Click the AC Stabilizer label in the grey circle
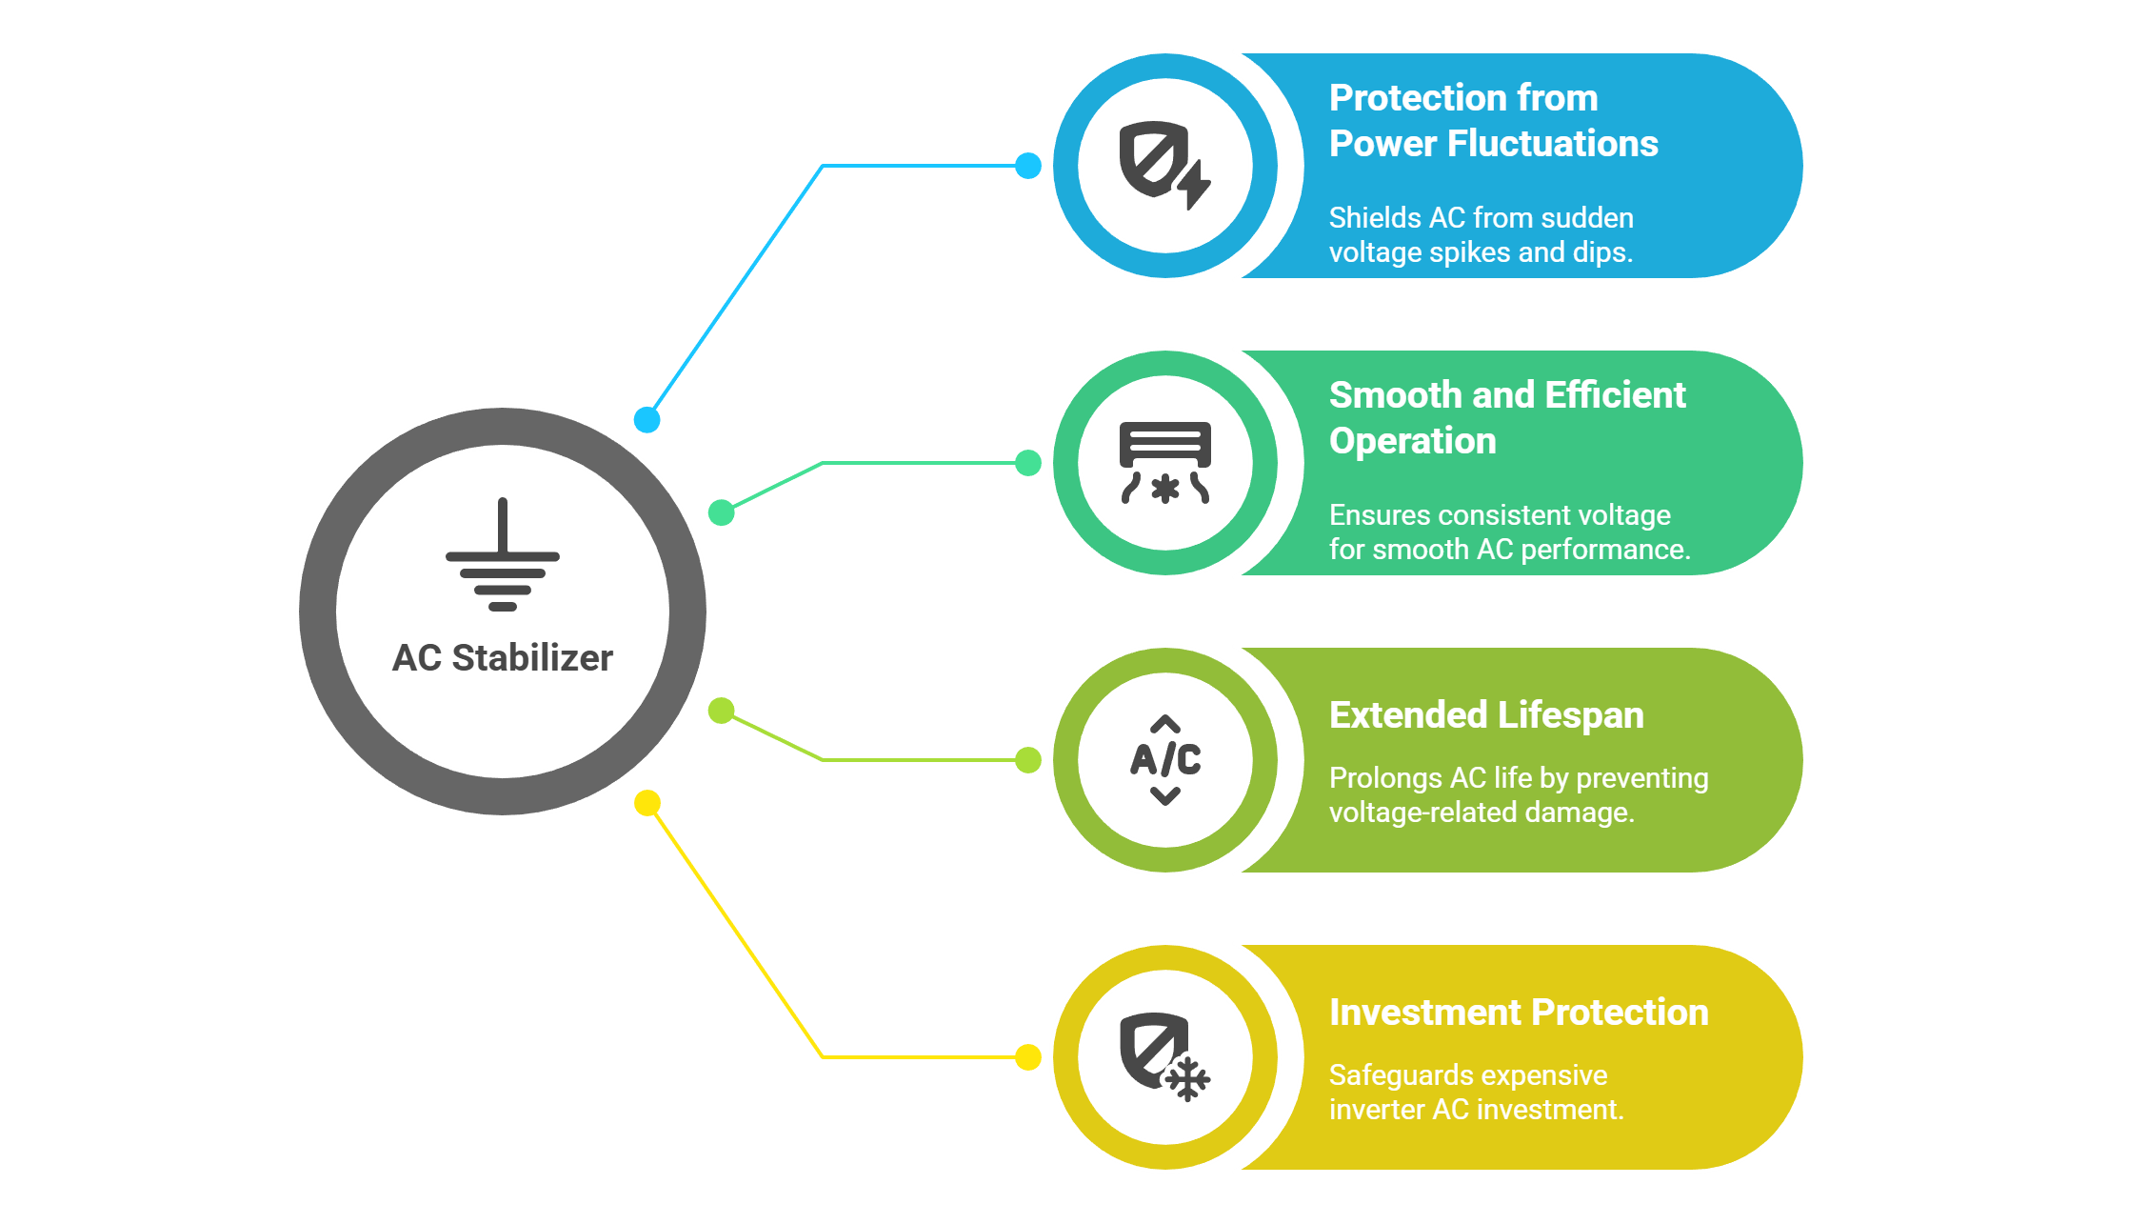click(503, 658)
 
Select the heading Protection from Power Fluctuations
click(1493, 121)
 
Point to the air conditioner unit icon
click(1165, 463)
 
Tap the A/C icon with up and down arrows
click(1165, 760)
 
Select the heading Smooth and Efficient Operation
click(1506, 418)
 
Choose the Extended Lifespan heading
click(1486, 715)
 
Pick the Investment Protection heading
click(1519, 1013)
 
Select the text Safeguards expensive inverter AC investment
click(1476, 1093)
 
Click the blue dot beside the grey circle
click(647, 419)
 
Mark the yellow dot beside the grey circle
click(647, 803)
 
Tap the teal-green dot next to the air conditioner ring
click(1028, 463)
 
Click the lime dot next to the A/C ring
click(1028, 760)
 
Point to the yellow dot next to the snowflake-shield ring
click(1028, 1057)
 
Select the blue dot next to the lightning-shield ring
click(1028, 166)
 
